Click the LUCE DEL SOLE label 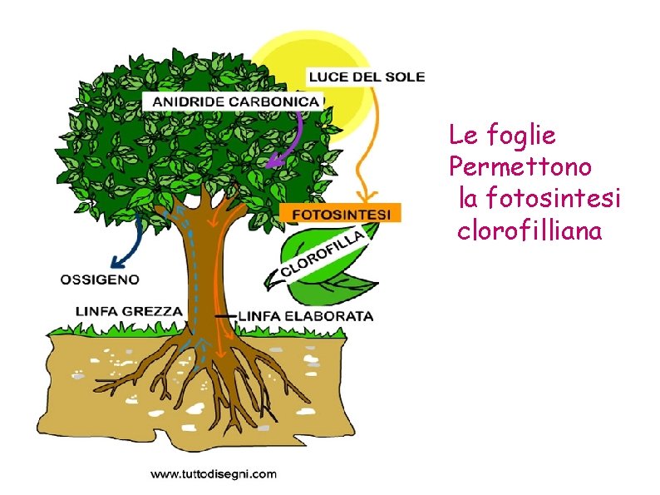coord(367,77)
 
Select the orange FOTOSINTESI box coord(340,213)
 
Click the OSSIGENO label coord(101,279)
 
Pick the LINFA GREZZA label coord(129,311)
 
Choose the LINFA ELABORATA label coord(306,316)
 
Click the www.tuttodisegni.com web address coord(213,474)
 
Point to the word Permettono coord(520,166)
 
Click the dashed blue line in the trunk coord(188,275)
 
